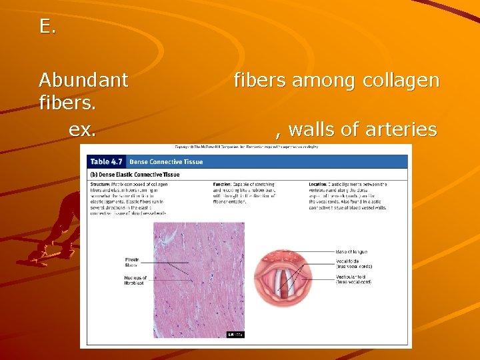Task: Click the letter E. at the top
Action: (47, 27)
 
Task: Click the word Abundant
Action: (83, 81)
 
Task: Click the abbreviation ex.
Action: (82, 129)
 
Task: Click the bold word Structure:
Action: (101, 184)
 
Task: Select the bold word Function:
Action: (222, 184)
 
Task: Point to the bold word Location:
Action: (319, 184)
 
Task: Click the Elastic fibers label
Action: (132, 262)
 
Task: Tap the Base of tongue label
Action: (351, 251)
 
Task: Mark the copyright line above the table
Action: (246, 147)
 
